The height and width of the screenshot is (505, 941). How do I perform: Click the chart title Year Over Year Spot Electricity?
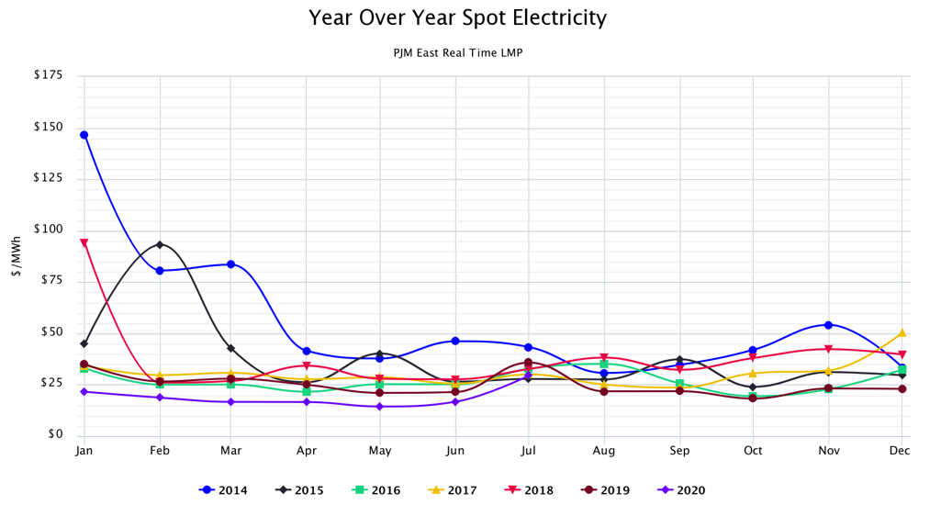pos(457,17)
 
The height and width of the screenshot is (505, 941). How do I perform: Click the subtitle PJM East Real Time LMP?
pos(457,53)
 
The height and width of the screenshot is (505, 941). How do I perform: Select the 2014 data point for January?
pos(84,135)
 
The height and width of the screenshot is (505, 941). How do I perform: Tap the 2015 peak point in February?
pos(161,245)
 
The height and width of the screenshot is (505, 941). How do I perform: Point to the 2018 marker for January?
pos(84,243)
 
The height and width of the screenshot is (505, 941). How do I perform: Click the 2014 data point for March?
pos(231,264)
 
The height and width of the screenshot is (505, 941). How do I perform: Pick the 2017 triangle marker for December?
pos(902,332)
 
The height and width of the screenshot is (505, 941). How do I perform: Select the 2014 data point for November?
pos(828,325)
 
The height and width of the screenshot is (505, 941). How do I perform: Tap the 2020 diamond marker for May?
pos(379,406)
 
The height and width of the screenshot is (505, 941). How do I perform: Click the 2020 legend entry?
pos(682,490)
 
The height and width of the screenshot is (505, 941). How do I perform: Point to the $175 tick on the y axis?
pos(47,74)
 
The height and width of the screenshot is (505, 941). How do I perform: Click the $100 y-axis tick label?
pos(47,229)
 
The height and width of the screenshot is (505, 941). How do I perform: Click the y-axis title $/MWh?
pos(17,254)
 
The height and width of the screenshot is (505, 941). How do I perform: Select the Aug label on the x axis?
pos(603,451)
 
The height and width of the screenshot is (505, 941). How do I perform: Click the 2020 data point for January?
pos(84,392)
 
